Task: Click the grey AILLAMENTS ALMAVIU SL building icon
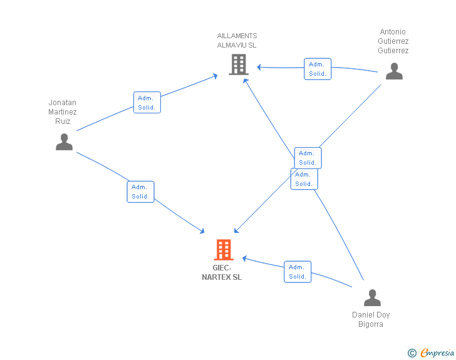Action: pyautogui.click(x=239, y=64)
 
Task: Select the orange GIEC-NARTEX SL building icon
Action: pyautogui.click(x=224, y=250)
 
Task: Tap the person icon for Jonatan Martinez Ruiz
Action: pyautogui.click(x=64, y=142)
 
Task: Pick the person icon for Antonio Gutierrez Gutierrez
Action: pyautogui.click(x=394, y=71)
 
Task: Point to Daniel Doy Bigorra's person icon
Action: pyautogui.click(x=372, y=297)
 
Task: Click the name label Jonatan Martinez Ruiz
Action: pyautogui.click(x=63, y=112)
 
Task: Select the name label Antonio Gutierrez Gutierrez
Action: pyautogui.click(x=393, y=41)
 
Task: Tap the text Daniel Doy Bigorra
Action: pyautogui.click(x=371, y=319)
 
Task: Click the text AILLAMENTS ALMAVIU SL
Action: pyautogui.click(x=237, y=41)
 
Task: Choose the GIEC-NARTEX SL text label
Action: pyautogui.click(x=222, y=273)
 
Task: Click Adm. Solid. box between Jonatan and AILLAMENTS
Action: pyautogui.click(x=147, y=103)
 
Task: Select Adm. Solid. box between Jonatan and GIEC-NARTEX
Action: pyautogui.click(x=140, y=192)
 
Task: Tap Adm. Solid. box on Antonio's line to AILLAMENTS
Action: pyautogui.click(x=318, y=69)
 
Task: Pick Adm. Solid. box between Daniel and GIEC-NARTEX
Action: pyautogui.click(x=298, y=272)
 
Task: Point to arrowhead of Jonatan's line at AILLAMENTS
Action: pyautogui.click(x=215, y=75)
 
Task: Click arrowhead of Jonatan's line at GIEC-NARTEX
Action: pyautogui.click(x=202, y=231)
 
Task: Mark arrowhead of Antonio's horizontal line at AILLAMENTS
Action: pyautogui.click(x=259, y=67)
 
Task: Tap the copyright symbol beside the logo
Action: pyautogui.click(x=412, y=353)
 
